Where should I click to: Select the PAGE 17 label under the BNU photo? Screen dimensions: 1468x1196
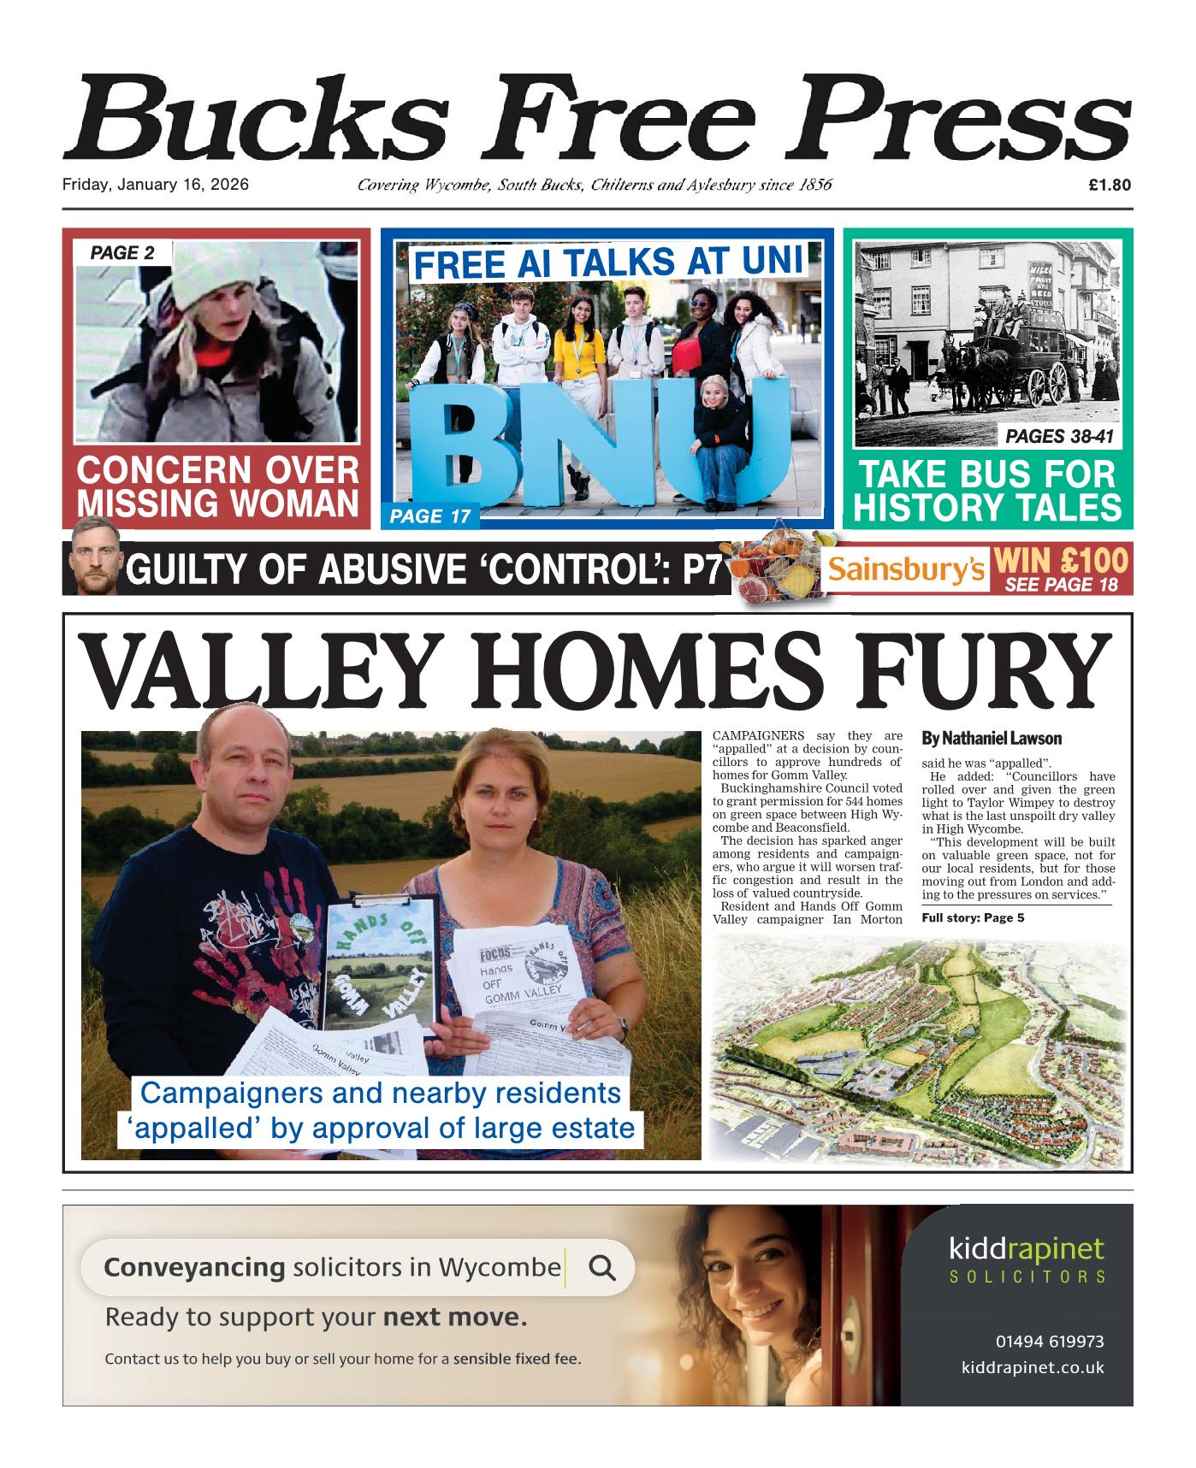428,516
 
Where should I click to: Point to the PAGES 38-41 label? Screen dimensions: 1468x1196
1059,437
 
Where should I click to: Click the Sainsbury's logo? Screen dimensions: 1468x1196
907,570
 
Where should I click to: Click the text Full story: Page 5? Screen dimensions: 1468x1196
973,918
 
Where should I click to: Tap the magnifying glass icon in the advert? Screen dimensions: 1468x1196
602,1267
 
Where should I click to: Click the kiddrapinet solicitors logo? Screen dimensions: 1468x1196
1027,1259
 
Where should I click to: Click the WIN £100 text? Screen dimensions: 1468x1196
1063,563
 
